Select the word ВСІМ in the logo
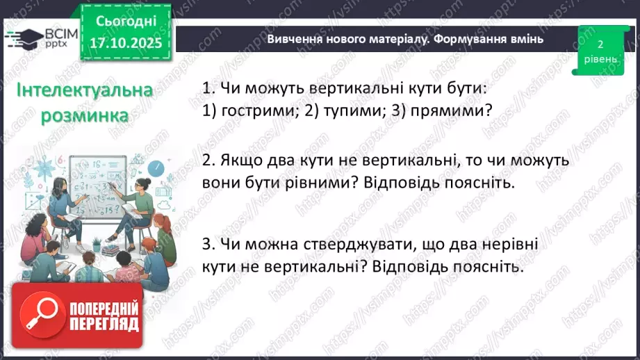[x=55, y=33]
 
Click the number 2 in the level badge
[x=600, y=44]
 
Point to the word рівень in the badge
[x=600, y=59]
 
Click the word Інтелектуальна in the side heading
[x=85, y=92]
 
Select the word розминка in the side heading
[x=85, y=115]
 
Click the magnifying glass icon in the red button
[x=44, y=316]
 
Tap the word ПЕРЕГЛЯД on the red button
[x=105, y=325]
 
